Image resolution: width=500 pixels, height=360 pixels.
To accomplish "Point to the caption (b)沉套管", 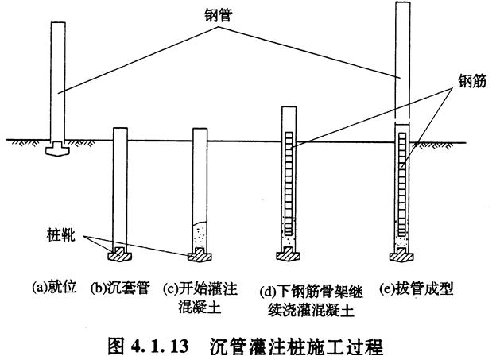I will click(x=118, y=285).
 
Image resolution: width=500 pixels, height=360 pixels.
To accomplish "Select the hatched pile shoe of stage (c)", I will click(x=198, y=254).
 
